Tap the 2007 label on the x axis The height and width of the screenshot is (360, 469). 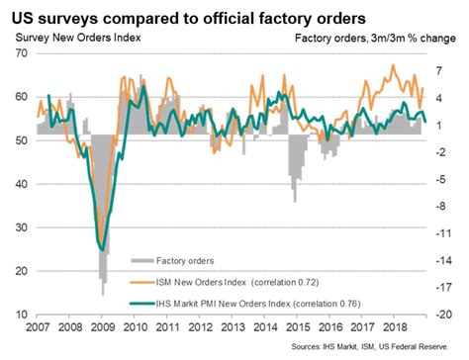pyautogui.click(x=37, y=327)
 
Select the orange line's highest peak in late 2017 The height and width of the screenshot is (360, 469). pyautogui.click(x=394, y=66)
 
